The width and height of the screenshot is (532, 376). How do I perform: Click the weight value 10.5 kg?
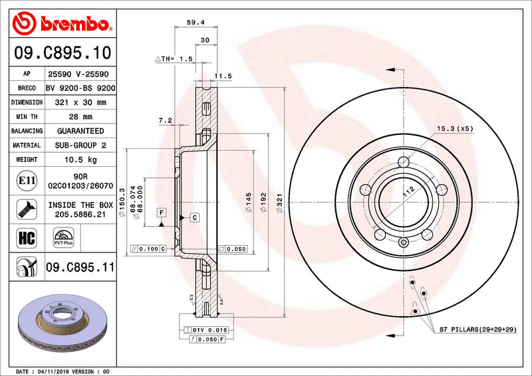81,159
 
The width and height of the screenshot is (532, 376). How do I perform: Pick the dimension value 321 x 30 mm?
81,102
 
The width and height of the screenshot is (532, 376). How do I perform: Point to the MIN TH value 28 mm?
81,117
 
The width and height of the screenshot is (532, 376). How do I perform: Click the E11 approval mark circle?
24,180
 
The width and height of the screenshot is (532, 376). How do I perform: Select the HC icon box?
24,236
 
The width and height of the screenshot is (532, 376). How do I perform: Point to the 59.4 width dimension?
195,22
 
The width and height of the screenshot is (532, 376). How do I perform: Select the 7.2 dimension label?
166,120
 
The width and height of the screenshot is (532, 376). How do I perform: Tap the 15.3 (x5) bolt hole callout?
455,128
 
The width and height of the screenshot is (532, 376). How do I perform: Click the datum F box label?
161,211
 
